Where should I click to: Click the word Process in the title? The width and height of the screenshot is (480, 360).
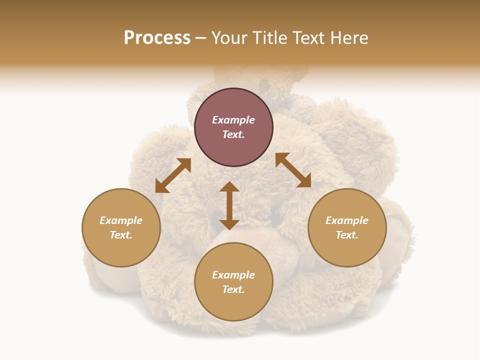pos(157,38)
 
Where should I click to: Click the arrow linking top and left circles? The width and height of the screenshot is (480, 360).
pos(173,175)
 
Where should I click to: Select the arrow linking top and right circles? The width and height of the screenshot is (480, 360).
pos(293,170)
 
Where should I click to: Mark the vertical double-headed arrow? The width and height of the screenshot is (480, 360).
pos(229,205)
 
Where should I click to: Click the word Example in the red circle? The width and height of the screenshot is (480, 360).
pos(233,120)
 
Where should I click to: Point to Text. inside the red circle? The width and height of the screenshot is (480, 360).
pos(233,134)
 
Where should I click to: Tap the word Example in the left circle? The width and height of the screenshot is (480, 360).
pos(121,220)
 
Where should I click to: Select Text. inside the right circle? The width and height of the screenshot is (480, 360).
pos(347,235)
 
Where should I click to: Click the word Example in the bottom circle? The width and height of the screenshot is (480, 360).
pos(233,275)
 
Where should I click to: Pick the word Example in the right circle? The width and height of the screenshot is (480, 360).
pos(347,220)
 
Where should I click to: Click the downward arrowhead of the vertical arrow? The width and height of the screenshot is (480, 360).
pos(229,224)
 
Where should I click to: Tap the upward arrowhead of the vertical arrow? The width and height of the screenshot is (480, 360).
pos(229,187)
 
